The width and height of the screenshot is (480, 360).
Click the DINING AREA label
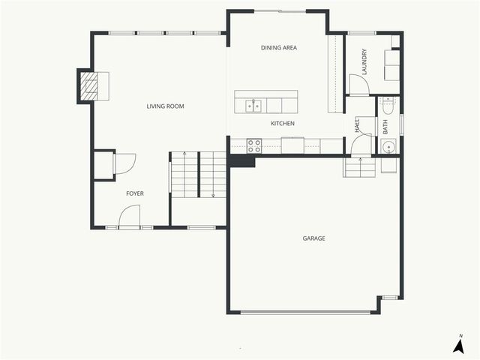279,48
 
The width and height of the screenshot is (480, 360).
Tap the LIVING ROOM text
165,106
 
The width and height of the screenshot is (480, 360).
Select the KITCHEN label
282,123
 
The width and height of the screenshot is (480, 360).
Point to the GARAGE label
313,238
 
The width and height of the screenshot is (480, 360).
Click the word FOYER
135,193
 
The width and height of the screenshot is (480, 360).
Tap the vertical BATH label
385,127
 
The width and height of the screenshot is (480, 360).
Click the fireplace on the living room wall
91,85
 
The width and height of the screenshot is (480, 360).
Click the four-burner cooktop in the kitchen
254,145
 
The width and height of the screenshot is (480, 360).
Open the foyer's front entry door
129,218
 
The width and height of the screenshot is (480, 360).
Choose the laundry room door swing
358,84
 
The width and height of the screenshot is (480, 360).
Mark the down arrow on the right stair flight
213,193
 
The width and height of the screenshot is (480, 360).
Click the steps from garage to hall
360,166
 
